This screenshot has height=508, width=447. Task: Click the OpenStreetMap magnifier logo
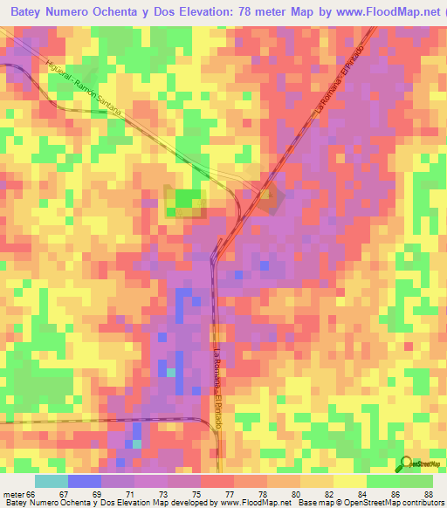(x=406, y=463)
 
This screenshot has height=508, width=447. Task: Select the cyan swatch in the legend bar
(x=52, y=481)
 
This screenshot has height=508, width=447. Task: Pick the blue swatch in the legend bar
(x=85, y=481)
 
